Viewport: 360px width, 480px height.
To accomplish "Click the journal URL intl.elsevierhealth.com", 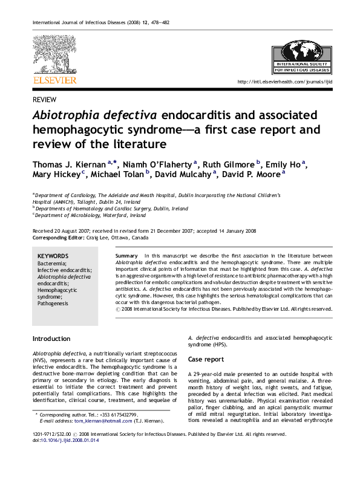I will click(284, 82).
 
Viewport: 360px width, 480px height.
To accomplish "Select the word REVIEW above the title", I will click(44, 100).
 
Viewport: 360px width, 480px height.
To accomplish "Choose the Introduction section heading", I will click(51, 339).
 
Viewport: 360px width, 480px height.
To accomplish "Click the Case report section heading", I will click(206, 359).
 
